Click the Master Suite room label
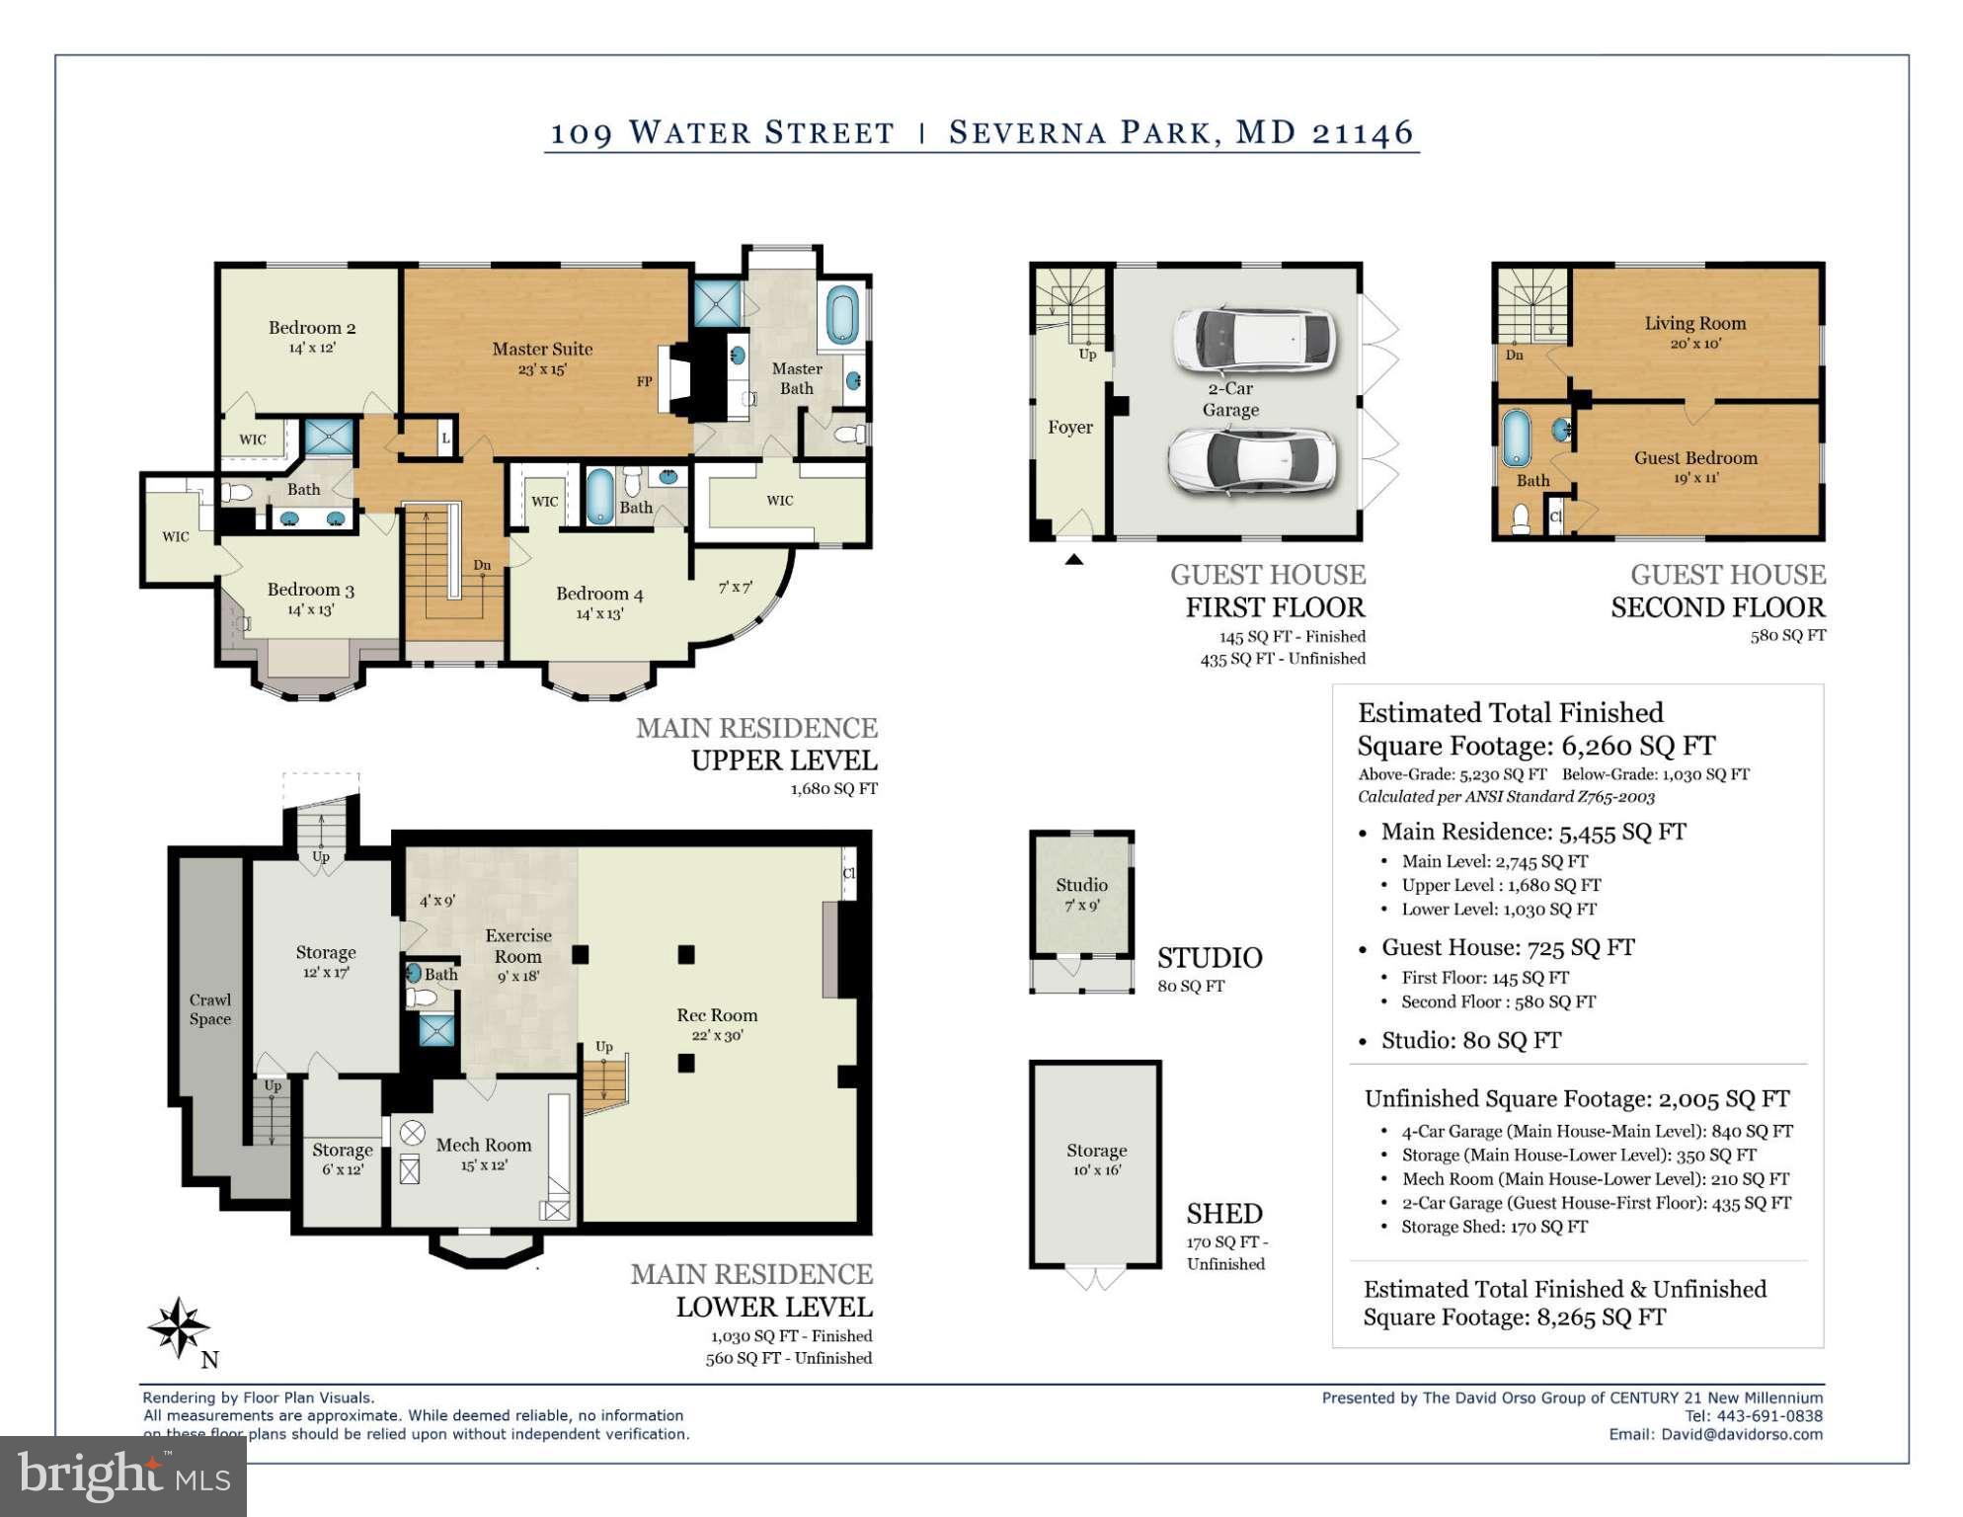click(542, 358)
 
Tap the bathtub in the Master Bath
click(842, 315)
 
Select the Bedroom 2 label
click(312, 336)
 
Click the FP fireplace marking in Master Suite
click(644, 381)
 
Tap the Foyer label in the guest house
click(1069, 427)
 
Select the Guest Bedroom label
click(1694, 466)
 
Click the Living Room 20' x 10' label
click(1694, 332)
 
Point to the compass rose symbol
click(179, 1327)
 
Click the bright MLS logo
click(123, 1476)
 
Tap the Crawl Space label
click(210, 1009)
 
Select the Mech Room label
click(483, 1153)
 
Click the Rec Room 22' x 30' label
click(717, 1023)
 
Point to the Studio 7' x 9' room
click(1081, 893)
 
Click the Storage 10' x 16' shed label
click(1096, 1158)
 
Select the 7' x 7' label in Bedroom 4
click(735, 587)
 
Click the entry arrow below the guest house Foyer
click(1074, 560)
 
